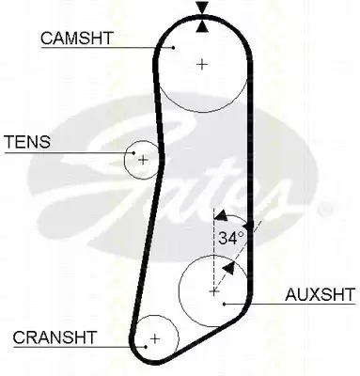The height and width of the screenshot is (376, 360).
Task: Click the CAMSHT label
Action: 76,39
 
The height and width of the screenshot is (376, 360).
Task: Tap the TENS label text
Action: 27,142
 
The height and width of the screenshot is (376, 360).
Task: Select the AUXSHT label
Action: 320,294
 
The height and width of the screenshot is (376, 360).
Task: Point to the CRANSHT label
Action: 55,337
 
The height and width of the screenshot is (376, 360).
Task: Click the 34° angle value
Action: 231,238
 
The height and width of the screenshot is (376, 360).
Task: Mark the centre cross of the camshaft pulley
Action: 203,65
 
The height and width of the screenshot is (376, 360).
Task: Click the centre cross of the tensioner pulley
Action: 143,160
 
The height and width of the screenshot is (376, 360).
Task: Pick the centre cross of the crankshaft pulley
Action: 155,338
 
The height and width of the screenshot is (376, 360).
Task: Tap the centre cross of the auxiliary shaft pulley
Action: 213,292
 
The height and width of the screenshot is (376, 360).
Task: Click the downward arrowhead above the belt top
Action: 202,7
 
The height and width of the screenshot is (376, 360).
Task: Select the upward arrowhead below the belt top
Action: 202,26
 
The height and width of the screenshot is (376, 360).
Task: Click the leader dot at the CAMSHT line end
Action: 173,48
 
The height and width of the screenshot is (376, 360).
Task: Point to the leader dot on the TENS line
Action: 133,153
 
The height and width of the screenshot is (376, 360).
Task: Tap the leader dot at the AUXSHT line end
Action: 224,304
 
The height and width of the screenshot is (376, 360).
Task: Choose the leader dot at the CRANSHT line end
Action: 146,347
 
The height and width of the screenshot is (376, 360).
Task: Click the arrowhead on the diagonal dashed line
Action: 228,269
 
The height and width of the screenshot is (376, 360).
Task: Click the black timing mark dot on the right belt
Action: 249,225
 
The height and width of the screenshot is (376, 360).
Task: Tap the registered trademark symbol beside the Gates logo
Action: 325,210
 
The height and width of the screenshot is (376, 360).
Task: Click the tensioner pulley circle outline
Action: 125,160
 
